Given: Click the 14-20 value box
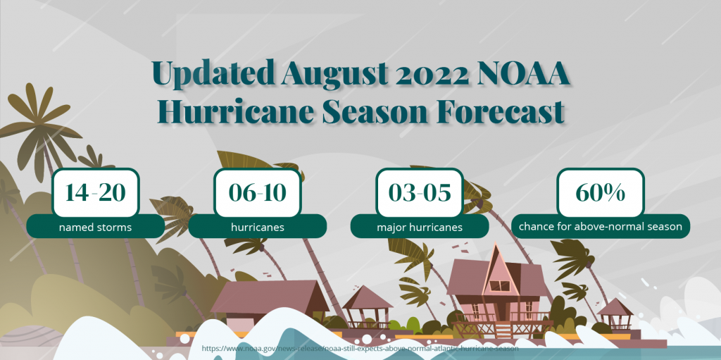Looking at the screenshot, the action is (96, 192).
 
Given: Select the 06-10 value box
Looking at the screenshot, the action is (258, 192).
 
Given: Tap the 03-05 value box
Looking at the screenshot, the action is (420, 192).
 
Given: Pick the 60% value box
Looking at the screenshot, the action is (601, 192).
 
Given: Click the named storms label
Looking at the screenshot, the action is (96, 226).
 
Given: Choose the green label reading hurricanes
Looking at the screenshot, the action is (258, 226).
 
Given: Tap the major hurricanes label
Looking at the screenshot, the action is (420, 226).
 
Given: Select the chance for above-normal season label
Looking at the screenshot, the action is (601, 226).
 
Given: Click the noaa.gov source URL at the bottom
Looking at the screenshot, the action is (360, 349).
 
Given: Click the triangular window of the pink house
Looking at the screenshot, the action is (499, 286).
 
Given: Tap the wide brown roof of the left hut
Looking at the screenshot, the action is (270, 297).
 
